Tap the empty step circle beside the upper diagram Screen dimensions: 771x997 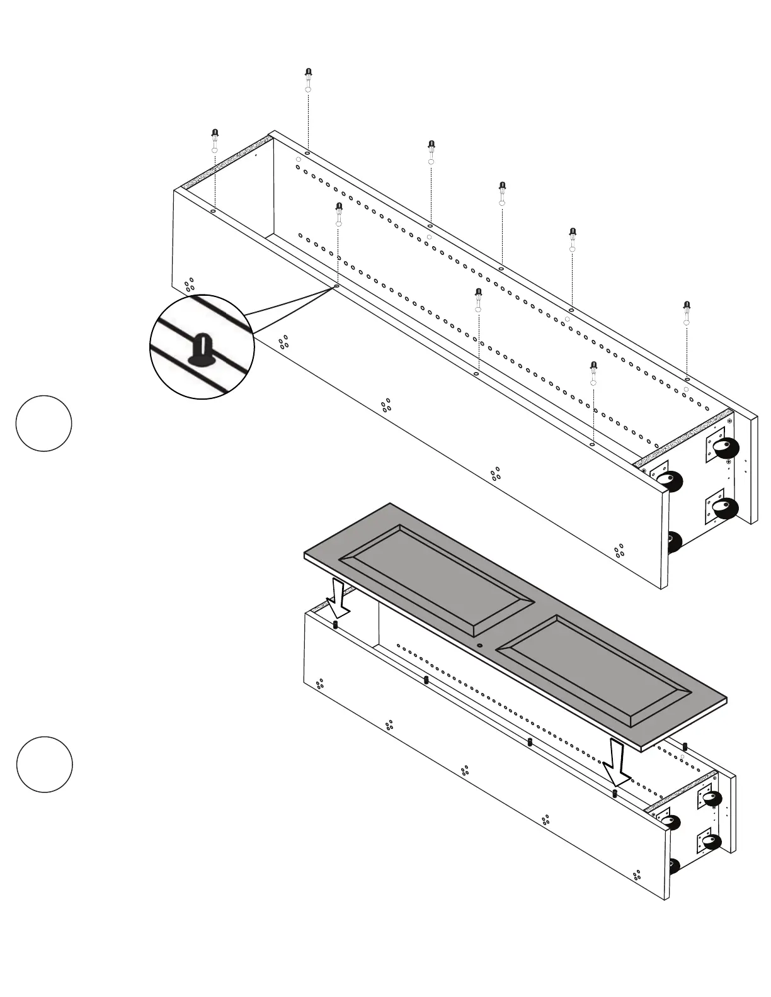[43, 423]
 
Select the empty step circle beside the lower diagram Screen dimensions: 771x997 [44, 764]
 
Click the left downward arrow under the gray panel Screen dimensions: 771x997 [339, 599]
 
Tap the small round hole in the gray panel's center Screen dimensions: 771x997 [479, 646]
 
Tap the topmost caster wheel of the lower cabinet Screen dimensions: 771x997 [712, 799]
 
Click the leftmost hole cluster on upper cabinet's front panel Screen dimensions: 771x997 [189, 285]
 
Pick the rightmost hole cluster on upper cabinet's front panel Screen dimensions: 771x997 [619, 551]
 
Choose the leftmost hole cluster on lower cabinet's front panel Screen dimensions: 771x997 [320, 684]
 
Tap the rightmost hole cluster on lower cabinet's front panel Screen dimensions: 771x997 [637, 875]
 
